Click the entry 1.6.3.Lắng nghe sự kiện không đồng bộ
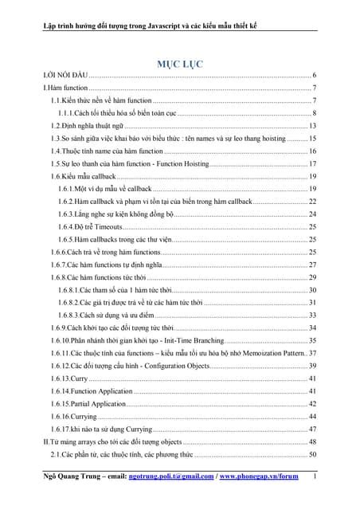119,214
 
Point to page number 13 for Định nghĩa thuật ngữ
314,126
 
